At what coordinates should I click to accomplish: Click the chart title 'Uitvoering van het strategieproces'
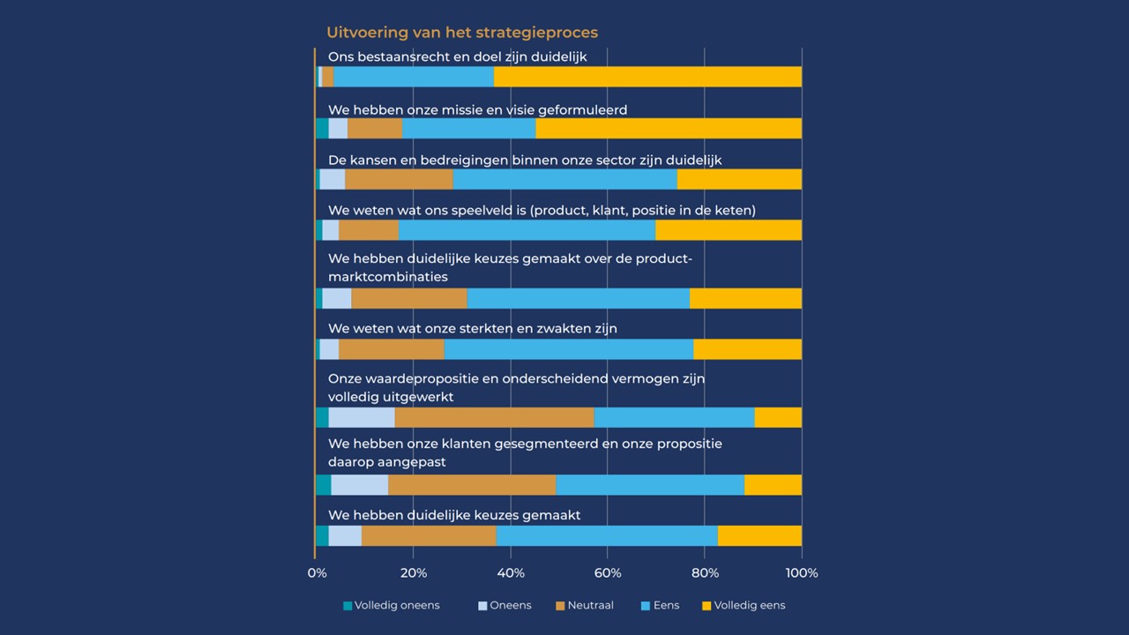(x=462, y=33)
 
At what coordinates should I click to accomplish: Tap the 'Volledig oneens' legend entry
(x=392, y=606)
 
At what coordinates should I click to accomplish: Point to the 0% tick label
(x=316, y=573)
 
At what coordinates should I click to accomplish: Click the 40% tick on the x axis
(x=511, y=573)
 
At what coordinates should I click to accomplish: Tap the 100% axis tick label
(x=801, y=573)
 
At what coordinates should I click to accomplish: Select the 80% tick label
(x=705, y=573)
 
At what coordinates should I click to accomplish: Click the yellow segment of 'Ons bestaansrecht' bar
(x=647, y=77)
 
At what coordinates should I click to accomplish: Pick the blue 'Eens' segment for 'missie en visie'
(x=468, y=128)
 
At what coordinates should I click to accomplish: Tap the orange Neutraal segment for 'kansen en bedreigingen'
(x=399, y=179)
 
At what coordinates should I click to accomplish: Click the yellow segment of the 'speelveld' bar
(x=729, y=230)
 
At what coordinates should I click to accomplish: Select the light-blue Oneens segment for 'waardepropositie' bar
(x=362, y=417)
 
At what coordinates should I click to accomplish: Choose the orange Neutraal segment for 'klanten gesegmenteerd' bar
(x=472, y=485)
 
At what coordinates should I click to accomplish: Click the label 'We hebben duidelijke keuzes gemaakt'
(x=454, y=515)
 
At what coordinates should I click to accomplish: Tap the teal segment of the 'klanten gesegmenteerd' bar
(x=323, y=485)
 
